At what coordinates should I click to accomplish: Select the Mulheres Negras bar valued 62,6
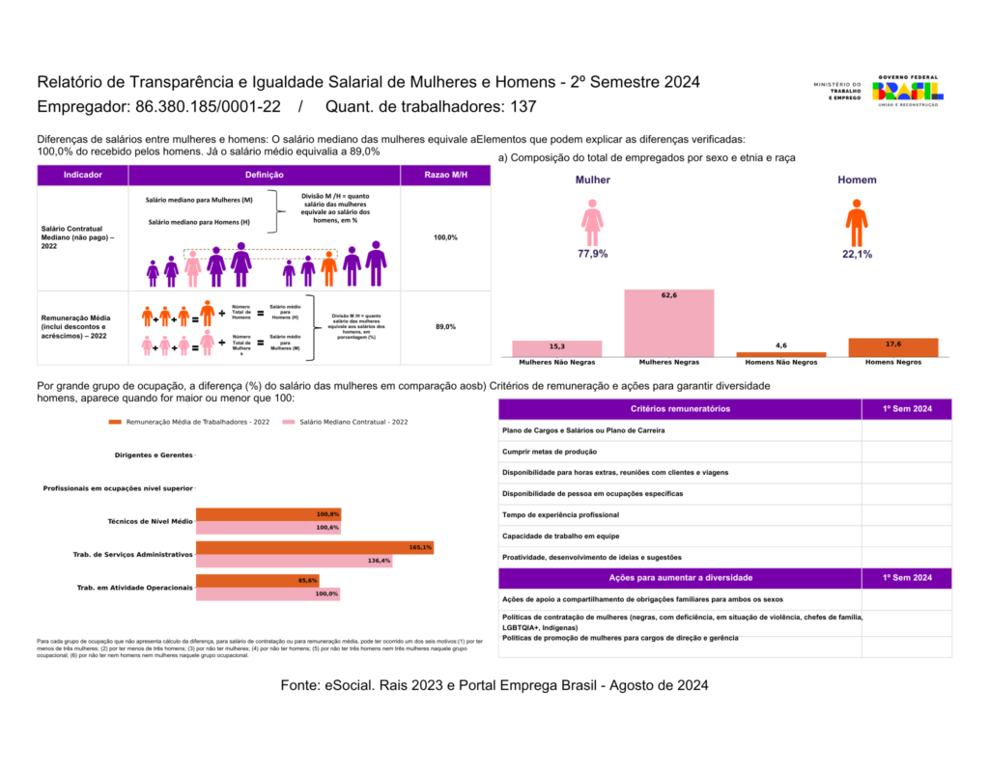pos(668,323)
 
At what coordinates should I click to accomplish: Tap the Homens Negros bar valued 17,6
pos(892,347)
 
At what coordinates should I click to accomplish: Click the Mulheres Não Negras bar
pos(556,348)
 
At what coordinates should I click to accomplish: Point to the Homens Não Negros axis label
pos(780,363)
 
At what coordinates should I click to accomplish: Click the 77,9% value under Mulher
pos(592,255)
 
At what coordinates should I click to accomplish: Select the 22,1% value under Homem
pos(857,255)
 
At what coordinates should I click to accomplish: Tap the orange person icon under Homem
pos(857,223)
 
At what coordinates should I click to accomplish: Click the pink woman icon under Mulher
pos(592,223)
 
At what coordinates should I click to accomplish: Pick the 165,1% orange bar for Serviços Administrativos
pos(314,547)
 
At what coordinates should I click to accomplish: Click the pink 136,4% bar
pos(294,561)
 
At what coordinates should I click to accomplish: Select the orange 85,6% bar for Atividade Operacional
pos(257,580)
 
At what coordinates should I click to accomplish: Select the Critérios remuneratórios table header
pos(680,409)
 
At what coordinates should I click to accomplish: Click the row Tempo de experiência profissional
pos(561,514)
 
